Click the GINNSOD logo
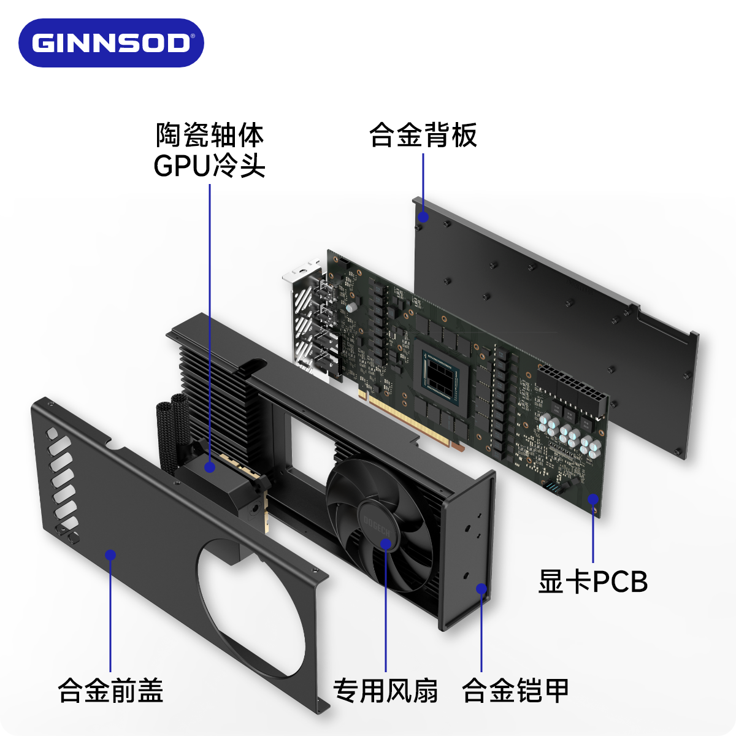click(x=111, y=43)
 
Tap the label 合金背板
click(x=423, y=136)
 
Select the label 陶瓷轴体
click(x=209, y=136)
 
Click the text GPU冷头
click(x=209, y=166)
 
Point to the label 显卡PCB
click(x=592, y=581)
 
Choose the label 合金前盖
click(x=110, y=690)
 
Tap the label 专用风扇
click(x=385, y=690)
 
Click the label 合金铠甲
click(x=515, y=690)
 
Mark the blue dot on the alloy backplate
click(x=423, y=217)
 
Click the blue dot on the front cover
click(x=110, y=555)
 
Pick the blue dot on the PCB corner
click(x=593, y=499)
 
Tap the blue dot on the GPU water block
click(x=210, y=467)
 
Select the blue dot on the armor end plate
click(x=481, y=589)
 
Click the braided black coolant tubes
click(x=172, y=429)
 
